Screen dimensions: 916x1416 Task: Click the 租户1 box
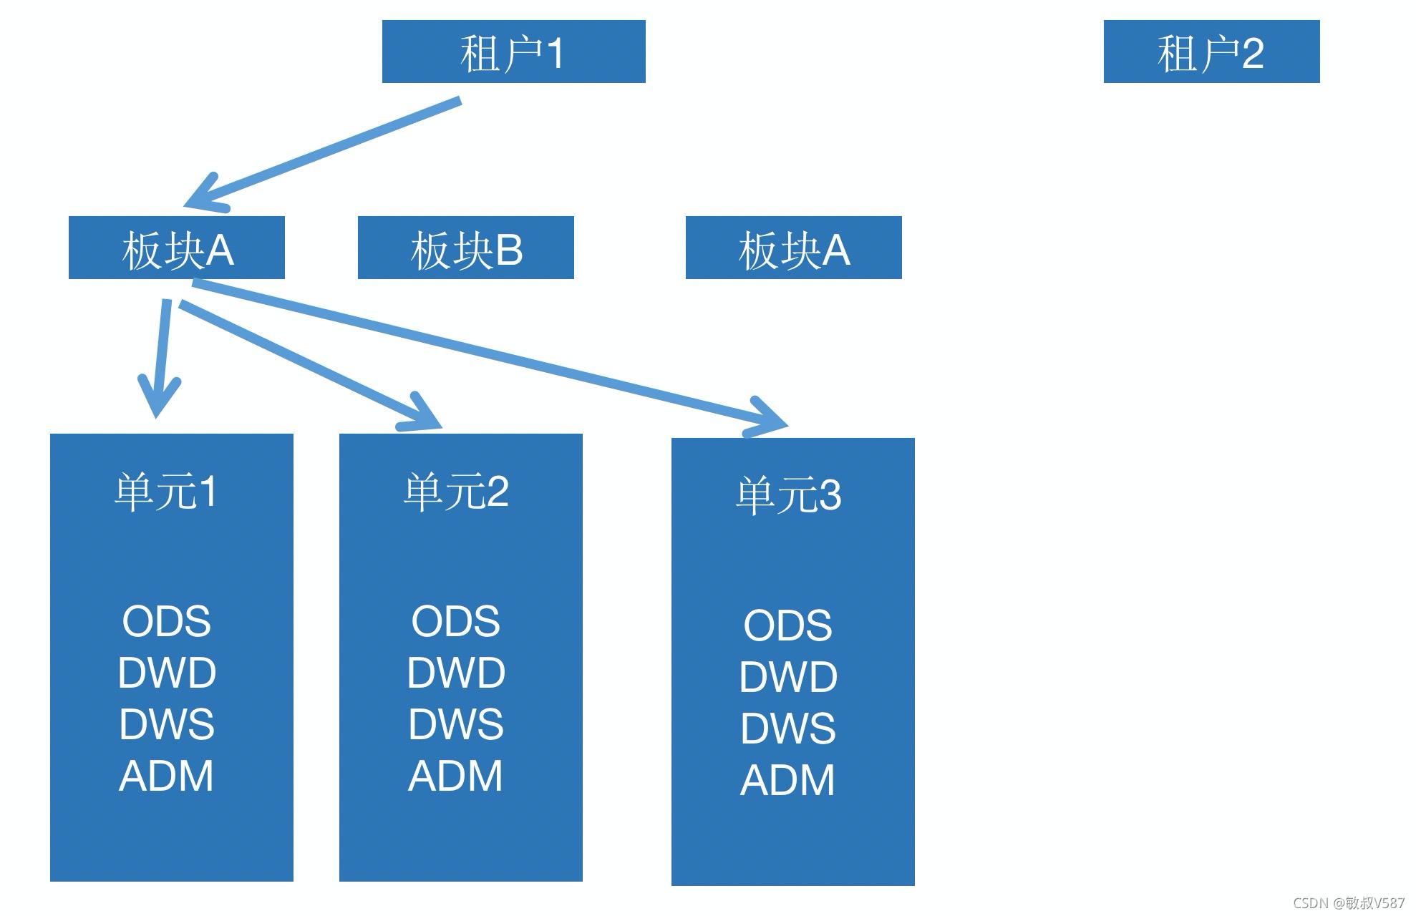point(513,52)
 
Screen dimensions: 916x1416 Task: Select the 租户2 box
point(1211,52)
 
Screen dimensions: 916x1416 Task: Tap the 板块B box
point(465,248)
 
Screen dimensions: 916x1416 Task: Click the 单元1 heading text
point(166,492)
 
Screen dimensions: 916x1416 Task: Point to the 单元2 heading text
point(456,492)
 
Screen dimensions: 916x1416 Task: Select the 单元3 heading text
point(788,495)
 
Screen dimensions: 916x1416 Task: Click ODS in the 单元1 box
point(166,620)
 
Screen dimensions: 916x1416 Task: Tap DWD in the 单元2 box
point(456,673)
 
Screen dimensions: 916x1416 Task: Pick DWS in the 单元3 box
point(788,728)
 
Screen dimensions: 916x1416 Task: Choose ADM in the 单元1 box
point(166,776)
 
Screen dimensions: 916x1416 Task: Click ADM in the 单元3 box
point(788,780)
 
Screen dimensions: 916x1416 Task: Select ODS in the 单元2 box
point(456,620)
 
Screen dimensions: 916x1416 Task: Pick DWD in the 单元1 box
point(166,673)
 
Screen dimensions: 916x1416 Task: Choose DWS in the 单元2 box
point(456,723)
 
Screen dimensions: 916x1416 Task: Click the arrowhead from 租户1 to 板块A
point(203,196)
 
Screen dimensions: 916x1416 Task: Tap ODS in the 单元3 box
point(788,625)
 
